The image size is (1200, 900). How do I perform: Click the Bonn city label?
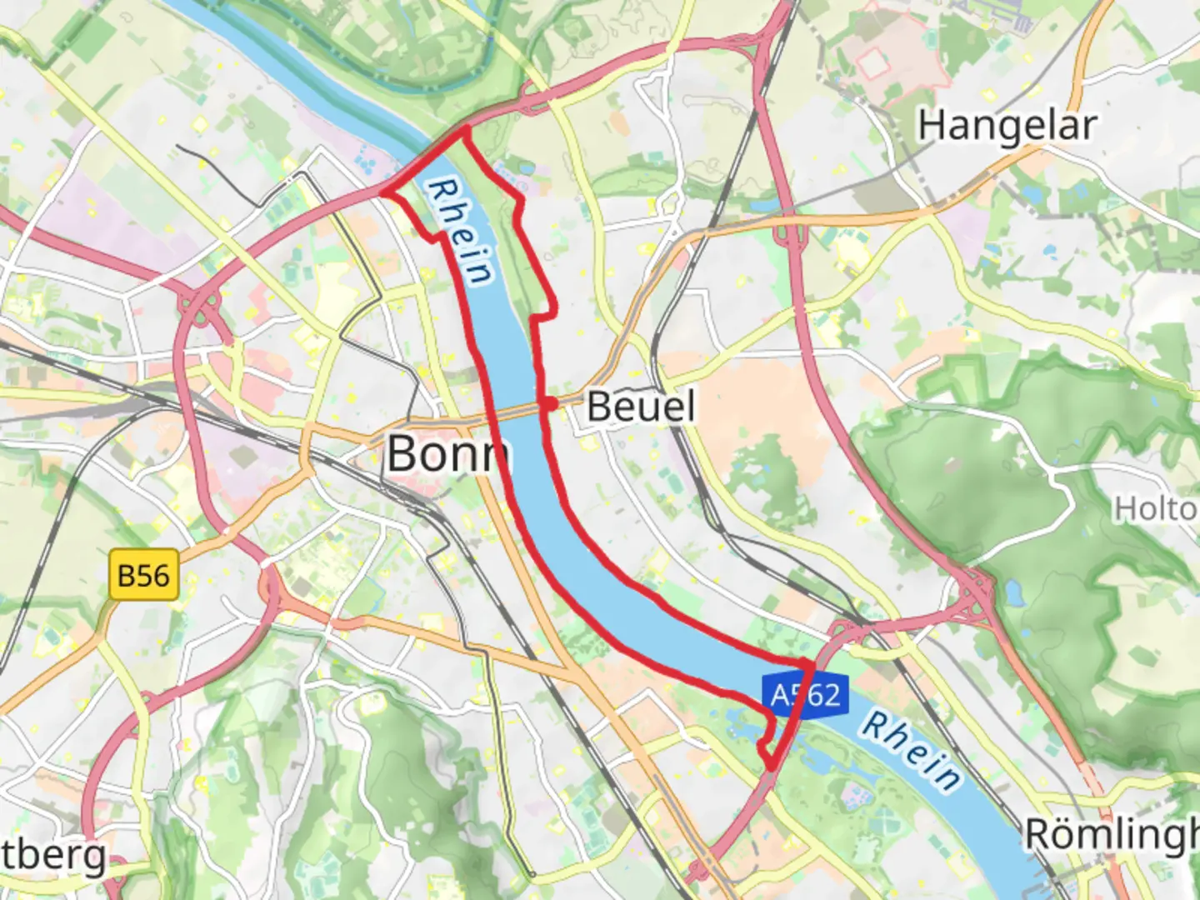[x=447, y=454]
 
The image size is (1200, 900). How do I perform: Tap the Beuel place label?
[x=640, y=407]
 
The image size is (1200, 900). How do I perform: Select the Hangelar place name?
[x=1007, y=125]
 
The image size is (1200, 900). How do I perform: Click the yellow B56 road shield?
[x=143, y=576]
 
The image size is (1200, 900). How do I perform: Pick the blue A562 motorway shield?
[x=805, y=694]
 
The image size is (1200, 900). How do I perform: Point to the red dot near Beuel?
[x=549, y=404]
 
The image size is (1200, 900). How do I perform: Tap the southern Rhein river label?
[x=911, y=750]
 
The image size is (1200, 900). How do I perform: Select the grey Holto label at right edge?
[x=1157, y=508]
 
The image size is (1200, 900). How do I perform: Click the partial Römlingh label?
[x=1112, y=834]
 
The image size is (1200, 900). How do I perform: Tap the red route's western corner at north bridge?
[x=384, y=193]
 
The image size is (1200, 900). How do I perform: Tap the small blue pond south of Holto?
[x=1012, y=593]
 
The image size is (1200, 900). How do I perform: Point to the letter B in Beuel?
[x=599, y=407]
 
